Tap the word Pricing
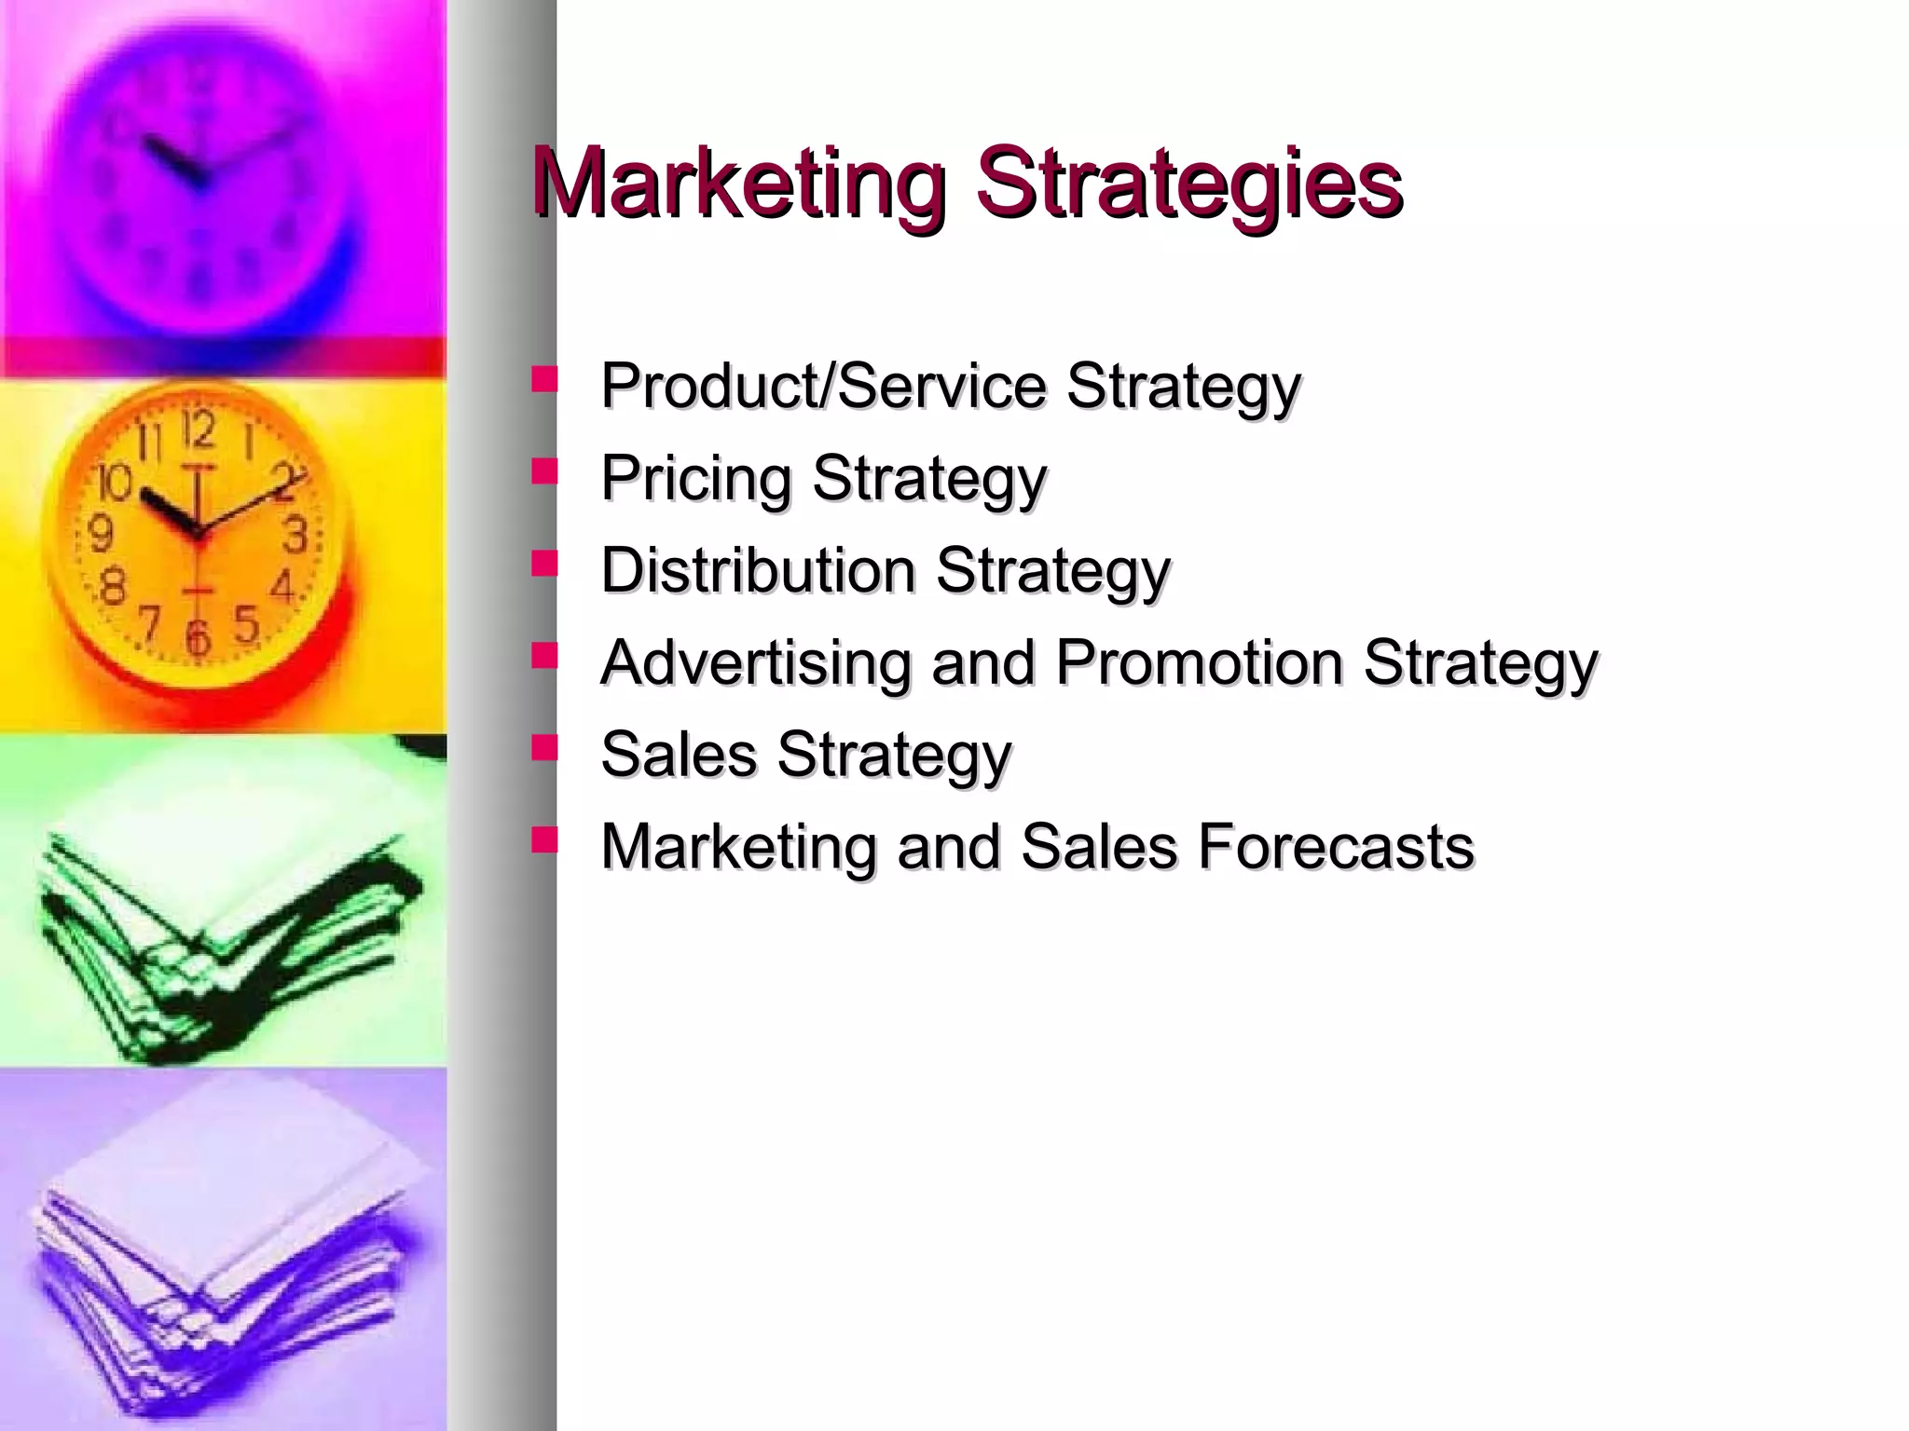tap(695, 478)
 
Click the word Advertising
tap(755, 662)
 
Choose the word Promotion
tap(1199, 662)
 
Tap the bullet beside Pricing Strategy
tap(543, 471)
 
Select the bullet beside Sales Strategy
tap(543, 747)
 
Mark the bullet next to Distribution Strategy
tap(543, 563)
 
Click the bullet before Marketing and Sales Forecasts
tap(543, 839)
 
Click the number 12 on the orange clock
tap(199, 429)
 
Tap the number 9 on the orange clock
tap(100, 534)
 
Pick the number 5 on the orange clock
tap(246, 625)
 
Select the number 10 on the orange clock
tap(115, 483)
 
